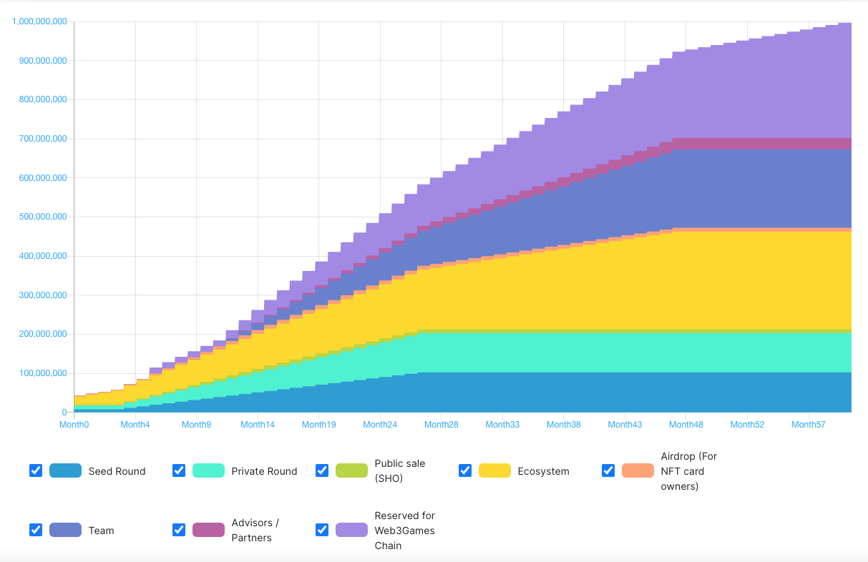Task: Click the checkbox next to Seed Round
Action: [x=36, y=470]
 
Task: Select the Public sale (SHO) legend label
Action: [x=399, y=470]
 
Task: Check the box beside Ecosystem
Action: [x=465, y=470]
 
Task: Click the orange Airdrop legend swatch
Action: [x=638, y=470]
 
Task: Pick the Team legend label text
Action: [x=101, y=531]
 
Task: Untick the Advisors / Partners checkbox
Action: [x=179, y=530]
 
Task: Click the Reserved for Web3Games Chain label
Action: [x=404, y=531]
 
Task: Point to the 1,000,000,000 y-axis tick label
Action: [x=40, y=21]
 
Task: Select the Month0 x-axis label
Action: [x=74, y=425]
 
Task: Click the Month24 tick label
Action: [x=380, y=425]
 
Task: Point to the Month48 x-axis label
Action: [x=686, y=425]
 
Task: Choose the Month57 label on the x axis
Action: [x=809, y=425]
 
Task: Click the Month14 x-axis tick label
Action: [x=258, y=425]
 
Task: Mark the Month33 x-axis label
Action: [x=502, y=425]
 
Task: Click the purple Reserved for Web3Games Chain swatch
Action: [x=351, y=530]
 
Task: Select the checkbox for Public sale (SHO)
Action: [x=322, y=470]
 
